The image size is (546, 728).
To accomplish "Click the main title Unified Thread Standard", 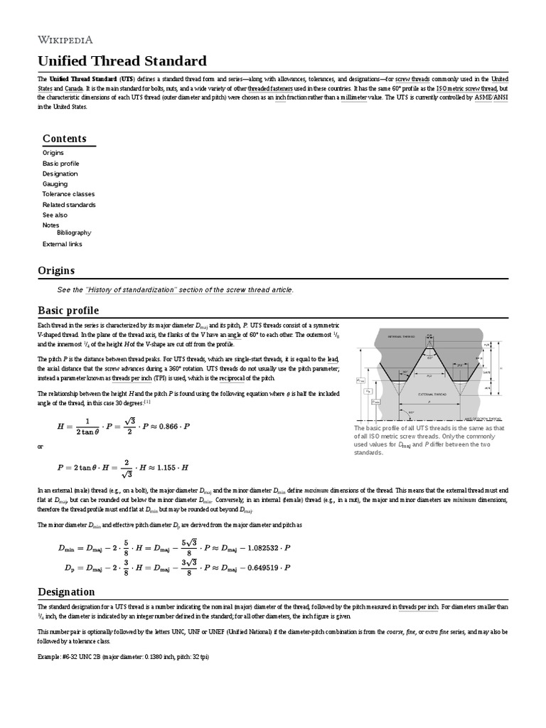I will tap(122, 60).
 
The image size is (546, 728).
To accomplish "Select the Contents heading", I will tap(64, 139).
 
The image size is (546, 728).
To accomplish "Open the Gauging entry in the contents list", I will tap(55, 183).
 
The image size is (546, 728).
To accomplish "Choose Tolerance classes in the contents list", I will tap(68, 194).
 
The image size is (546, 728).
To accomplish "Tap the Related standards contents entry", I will tap(70, 204).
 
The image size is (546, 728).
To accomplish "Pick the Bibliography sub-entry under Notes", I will tap(74, 232).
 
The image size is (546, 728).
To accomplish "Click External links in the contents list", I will tap(62, 244).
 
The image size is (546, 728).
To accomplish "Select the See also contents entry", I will tap(55, 215).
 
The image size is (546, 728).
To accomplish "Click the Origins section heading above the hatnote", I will tap(55, 270).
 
